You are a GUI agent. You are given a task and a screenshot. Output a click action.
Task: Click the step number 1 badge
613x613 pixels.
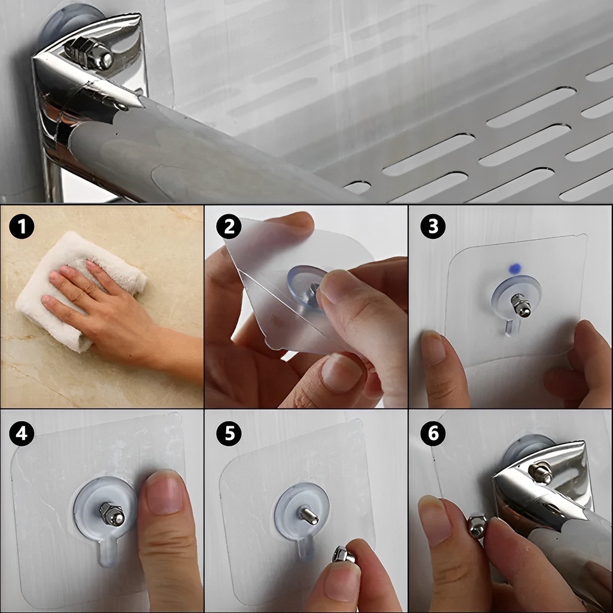pyautogui.click(x=22, y=226)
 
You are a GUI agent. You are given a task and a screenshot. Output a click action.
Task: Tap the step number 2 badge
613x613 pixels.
pyautogui.click(x=229, y=227)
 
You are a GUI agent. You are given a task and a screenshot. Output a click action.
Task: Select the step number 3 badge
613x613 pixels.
pyautogui.click(x=433, y=226)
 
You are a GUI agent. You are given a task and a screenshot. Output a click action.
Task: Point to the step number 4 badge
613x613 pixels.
pyautogui.click(x=22, y=433)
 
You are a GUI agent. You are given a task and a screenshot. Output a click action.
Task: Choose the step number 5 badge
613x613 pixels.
pyautogui.click(x=229, y=433)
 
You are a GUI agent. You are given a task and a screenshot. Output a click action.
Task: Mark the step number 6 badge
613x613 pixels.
pyautogui.click(x=433, y=433)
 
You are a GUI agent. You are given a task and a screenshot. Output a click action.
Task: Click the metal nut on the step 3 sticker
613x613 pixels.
pyautogui.click(x=520, y=305)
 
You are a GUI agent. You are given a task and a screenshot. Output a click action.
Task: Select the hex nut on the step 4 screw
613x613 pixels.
pyautogui.click(x=112, y=514)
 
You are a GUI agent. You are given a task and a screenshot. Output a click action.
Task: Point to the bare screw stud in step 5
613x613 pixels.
pyautogui.click(x=308, y=514)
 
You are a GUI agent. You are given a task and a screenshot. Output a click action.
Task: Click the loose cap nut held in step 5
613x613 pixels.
pyautogui.click(x=342, y=555)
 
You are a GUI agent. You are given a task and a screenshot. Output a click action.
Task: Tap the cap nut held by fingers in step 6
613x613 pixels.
pyautogui.click(x=477, y=526)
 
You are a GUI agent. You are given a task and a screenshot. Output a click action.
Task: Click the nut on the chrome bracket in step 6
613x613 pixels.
pyautogui.click(x=541, y=472)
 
